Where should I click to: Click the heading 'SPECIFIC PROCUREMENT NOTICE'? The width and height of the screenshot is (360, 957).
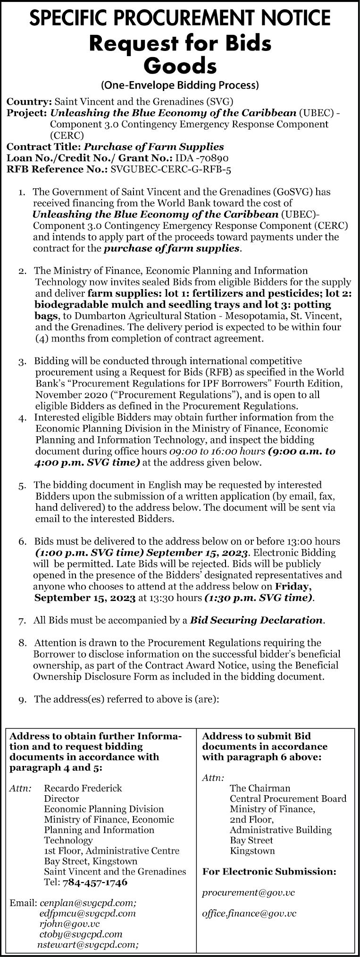(180, 18)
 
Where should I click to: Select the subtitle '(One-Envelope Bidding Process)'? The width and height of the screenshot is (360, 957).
(180, 85)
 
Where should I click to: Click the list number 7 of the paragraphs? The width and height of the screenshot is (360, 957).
(22, 621)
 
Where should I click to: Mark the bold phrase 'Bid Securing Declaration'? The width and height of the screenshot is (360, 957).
(257, 620)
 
